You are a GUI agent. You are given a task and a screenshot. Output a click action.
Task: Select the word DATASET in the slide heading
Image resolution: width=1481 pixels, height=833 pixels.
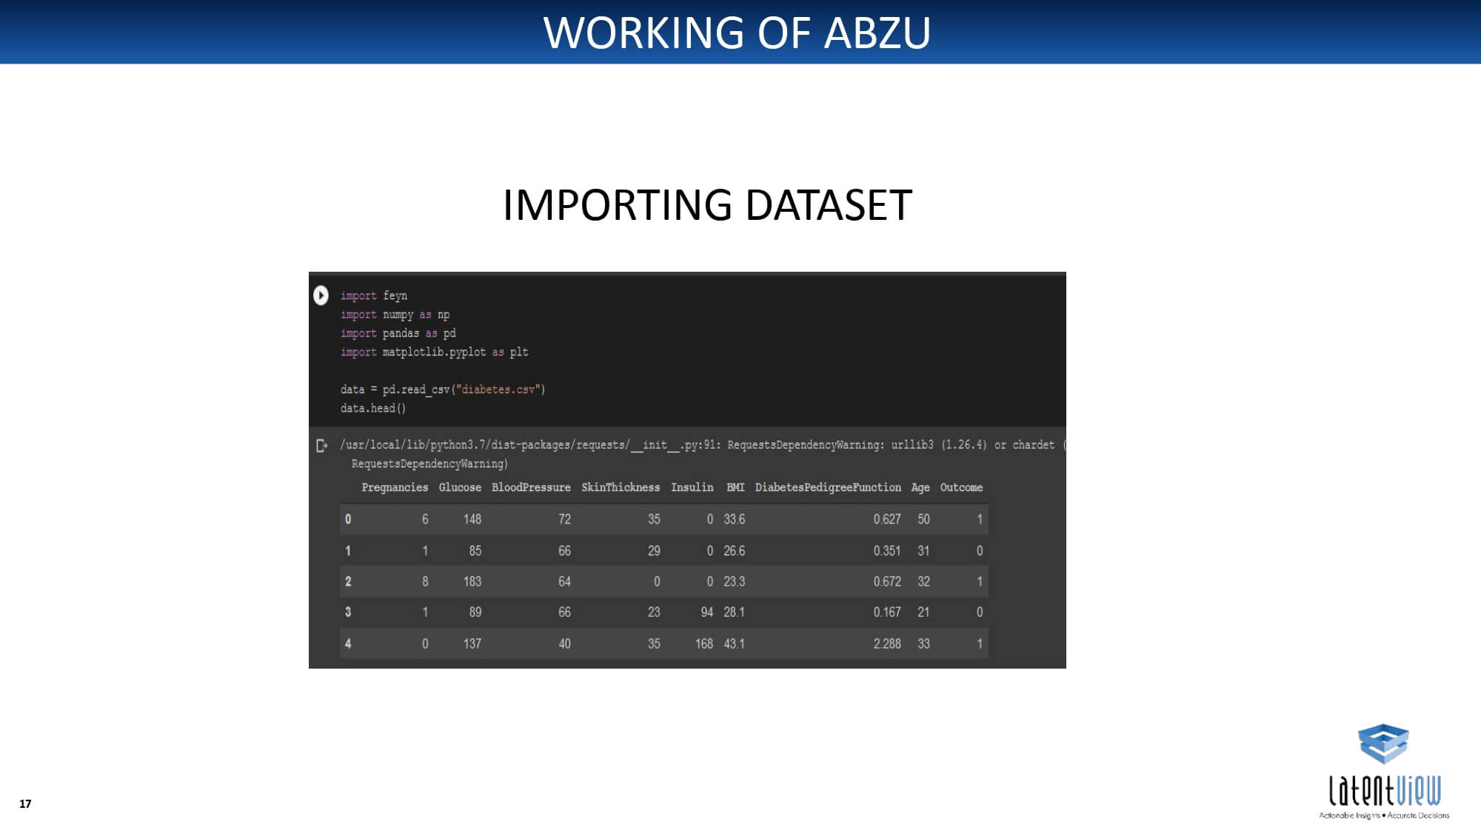[x=829, y=205]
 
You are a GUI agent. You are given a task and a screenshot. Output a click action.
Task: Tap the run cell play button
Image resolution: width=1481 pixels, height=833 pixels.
[x=321, y=295]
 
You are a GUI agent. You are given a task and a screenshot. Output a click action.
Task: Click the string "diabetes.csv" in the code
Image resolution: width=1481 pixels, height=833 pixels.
[x=500, y=389]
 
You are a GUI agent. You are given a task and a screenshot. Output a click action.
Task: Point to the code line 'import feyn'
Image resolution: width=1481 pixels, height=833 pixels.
[x=374, y=296]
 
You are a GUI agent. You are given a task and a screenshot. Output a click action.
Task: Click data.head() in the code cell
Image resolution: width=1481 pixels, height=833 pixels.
[x=373, y=408]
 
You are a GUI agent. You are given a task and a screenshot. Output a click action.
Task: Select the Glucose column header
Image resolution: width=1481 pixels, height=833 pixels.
[x=460, y=487]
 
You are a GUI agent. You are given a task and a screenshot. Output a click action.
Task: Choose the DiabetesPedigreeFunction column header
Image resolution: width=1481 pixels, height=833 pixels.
[x=828, y=487]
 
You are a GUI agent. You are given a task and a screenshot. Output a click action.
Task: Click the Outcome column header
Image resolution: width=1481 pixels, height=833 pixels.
[x=961, y=487]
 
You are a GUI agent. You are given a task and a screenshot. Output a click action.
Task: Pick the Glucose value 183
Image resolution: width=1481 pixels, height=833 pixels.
[x=472, y=581]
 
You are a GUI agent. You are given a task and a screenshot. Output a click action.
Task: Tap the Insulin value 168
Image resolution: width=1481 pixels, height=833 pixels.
[x=704, y=643]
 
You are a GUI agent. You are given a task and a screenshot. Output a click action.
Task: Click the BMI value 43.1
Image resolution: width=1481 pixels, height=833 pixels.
[x=734, y=643]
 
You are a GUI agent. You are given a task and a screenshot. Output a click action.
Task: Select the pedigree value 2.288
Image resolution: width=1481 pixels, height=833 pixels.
[x=887, y=643]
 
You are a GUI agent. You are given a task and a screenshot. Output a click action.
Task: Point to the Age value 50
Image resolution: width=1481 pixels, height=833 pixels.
[x=923, y=519]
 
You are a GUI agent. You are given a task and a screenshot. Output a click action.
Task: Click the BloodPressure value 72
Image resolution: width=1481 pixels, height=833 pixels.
[x=564, y=519]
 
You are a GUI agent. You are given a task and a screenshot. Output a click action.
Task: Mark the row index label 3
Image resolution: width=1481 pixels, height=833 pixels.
[x=348, y=612]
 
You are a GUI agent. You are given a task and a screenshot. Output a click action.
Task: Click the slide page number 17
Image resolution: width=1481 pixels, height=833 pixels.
[x=25, y=803]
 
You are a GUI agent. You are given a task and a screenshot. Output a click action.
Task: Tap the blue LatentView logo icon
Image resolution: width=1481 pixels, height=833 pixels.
[x=1383, y=743]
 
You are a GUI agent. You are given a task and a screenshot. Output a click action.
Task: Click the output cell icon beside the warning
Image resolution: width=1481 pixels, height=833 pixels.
[x=321, y=446]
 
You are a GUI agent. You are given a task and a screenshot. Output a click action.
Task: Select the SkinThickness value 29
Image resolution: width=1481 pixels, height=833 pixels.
[x=654, y=551]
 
